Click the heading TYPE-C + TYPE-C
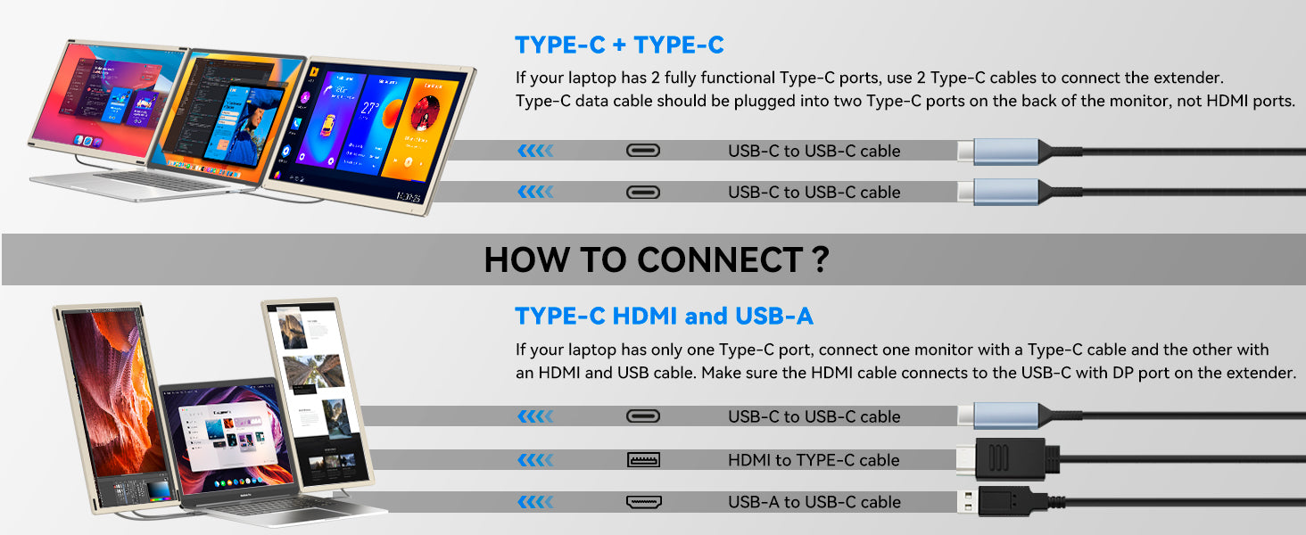[619, 45]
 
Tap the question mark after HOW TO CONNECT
[820, 259]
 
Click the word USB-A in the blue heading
[773, 316]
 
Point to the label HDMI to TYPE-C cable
[814, 460]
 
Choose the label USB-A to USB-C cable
[814, 502]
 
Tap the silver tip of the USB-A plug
[968, 501]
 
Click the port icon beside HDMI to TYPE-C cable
[643, 460]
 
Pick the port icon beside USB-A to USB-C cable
[643, 502]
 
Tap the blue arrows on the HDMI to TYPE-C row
[535, 460]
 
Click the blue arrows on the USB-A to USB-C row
[535, 502]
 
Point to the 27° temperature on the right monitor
[370, 108]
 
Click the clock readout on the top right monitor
[408, 196]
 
